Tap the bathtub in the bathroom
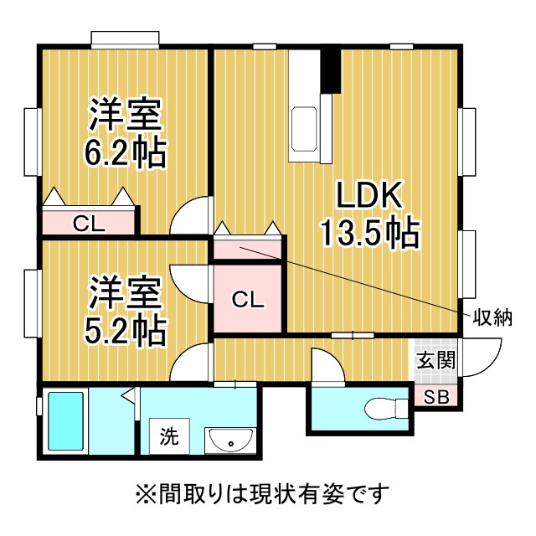pos(65,421)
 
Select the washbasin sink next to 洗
pos(230,441)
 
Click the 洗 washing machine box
pos(169,436)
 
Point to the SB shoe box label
pos(436,397)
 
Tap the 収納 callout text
pos(492,318)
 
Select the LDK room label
pos(368,194)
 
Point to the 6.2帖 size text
pos(125,152)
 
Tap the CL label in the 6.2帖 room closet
pos(89,224)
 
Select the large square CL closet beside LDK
pos(248,297)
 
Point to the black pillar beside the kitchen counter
pos(331,70)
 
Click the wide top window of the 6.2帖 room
pos(125,38)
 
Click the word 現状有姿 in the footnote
pos(296,493)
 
